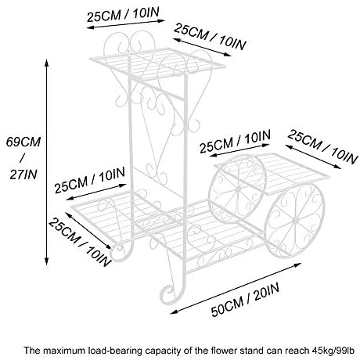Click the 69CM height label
(x=23, y=142)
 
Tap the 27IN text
(x=23, y=175)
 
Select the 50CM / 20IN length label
(x=245, y=300)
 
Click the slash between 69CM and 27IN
(x=23, y=158)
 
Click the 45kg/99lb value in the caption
(x=333, y=351)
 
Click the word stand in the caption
(x=252, y=351)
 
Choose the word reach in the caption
(x=297, y=351)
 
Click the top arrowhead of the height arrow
(x=46, y=63)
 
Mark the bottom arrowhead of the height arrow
(x=46, y=261)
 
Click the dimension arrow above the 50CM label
(x=236, y=288)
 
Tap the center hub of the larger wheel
(x=295, y=221)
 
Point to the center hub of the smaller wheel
(x=238, y=187)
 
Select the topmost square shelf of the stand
(x=157, y=63)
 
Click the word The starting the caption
(x=32, y=351)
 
